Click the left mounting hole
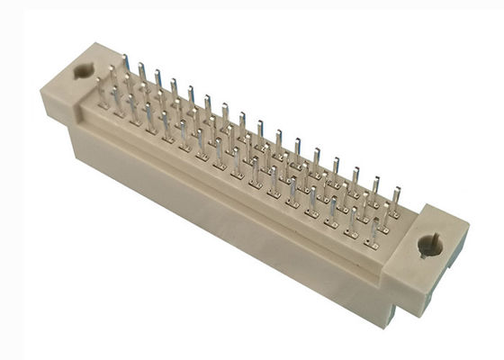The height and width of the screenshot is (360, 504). point(83,70)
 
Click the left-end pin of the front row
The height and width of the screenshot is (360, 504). point(101,92)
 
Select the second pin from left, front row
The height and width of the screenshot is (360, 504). point(118,101)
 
